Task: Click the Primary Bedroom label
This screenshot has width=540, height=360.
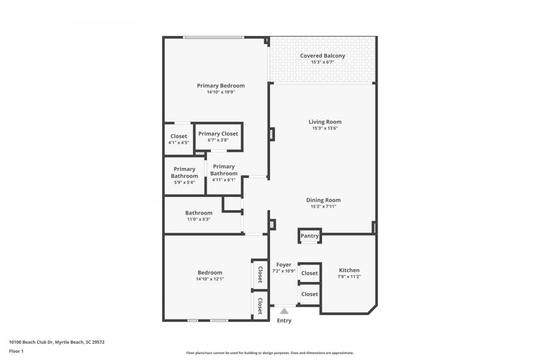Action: coord(221,86)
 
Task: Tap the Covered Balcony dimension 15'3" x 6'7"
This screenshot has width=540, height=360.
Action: coord(322,62)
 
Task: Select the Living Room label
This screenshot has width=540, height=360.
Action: coord(325,122)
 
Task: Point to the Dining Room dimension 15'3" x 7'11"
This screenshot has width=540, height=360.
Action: coord(323,206)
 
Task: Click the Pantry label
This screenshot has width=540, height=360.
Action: coord(309,236)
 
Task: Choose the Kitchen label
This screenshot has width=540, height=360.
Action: coord(349,270)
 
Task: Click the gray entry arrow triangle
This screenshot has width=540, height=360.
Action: coord(284,311)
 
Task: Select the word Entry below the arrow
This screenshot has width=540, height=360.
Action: coord(284,321)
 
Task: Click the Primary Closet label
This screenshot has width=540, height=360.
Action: coord(218,134)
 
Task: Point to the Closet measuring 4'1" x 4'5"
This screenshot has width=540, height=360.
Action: coord(178,139)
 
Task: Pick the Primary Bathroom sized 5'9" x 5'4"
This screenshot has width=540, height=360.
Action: coord(184,176)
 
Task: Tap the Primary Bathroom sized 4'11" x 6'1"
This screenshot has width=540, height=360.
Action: coord(224,173)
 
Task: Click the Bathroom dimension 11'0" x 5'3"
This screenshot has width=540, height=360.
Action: coord(199,219)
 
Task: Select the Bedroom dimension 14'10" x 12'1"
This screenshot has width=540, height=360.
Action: coord(210,279)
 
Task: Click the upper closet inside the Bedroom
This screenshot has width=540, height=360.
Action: coord(260,274)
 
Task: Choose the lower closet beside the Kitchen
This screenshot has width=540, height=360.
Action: coord(309,294)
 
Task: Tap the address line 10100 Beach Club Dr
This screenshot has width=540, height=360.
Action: coord(57,342)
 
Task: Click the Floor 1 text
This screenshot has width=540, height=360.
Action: coord(17,351)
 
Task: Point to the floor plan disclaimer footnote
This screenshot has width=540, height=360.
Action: coord(270,353)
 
